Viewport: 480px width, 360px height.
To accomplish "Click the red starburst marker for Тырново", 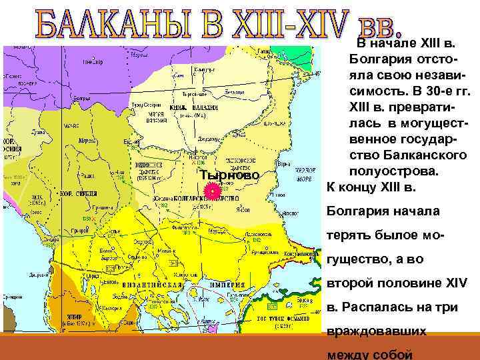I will [211, 191].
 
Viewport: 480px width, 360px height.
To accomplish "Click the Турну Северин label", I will [144, 105].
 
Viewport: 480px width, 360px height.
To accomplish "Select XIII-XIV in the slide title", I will [287, 24].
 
